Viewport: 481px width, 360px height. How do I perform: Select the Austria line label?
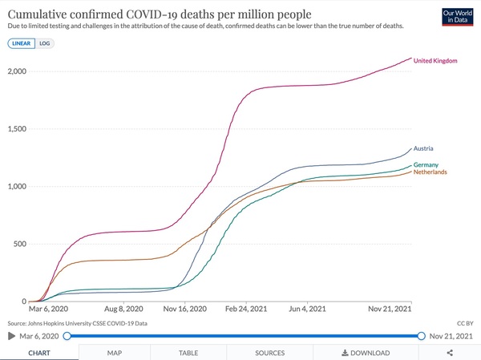click(x=425, y=149)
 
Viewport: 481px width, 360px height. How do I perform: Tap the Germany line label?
click(x=426, y=164)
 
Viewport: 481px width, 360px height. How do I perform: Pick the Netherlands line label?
click(x=430, y=172)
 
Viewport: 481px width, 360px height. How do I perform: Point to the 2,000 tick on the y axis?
click(x=16, y=71)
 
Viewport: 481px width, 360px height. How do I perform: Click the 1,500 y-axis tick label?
click(x=16, y=129)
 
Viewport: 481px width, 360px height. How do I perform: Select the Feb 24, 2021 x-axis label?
click(x=245, y=309)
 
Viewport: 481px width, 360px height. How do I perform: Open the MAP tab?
click(x=115, y=352)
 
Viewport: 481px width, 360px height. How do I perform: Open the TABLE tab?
click(x=188, y=352)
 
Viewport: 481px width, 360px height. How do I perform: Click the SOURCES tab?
click(x=269, y=352)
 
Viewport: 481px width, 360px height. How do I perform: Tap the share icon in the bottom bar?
click(x=450, y=352)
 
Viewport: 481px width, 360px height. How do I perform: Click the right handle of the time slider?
click(x=421, y=336)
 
